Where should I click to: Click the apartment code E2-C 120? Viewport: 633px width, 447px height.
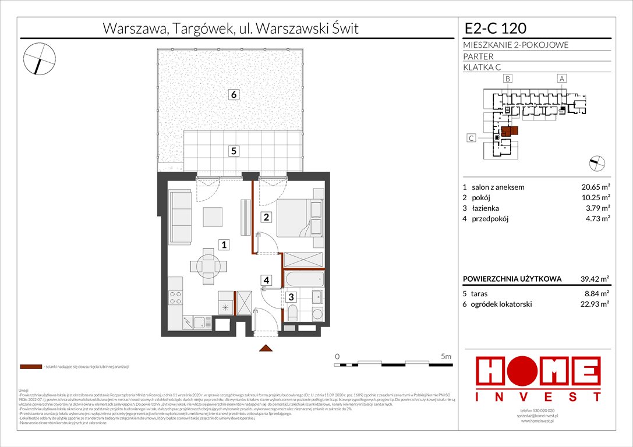pos(495,28)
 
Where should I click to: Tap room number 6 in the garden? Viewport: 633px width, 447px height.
pos(232,94)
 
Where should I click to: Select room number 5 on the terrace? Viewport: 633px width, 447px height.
pos(233,151)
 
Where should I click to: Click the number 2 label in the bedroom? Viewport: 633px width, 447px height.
pos(266,218)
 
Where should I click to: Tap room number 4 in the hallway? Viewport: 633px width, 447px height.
pos(266,281)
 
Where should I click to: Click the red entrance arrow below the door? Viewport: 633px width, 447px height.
pos(266,348)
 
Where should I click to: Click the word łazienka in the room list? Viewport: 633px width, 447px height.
pos(486,208)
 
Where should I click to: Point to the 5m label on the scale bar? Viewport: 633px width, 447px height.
pos(445,355)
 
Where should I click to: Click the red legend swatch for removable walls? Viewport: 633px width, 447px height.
pos(30,367)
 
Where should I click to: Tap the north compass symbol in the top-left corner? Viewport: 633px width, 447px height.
pos(39,59)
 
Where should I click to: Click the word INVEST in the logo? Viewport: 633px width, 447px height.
pos(539,397)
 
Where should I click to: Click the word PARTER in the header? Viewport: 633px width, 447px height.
pos(479,56)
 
